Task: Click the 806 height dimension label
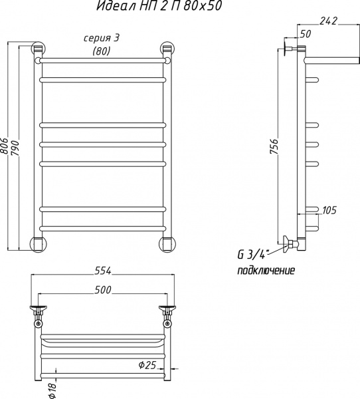pos(5,146)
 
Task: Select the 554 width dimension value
pos(103,271)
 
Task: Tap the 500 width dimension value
pos(103,290)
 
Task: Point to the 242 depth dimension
pos(328,21)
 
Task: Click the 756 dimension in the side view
pos(274,146)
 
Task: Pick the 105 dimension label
pos(329,210)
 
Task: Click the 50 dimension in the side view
pos(306,34)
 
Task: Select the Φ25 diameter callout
pos(147,365)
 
